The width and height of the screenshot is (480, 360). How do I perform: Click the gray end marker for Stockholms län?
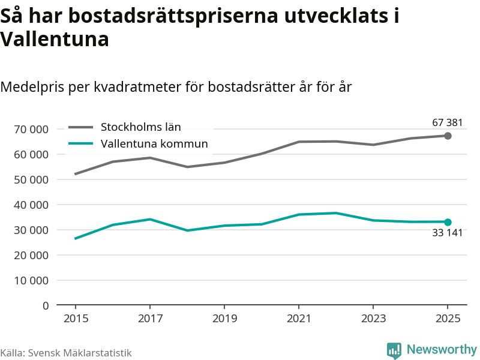448,136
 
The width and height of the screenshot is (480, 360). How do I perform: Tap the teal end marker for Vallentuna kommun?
448,222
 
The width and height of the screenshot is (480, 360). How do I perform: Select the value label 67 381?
448,123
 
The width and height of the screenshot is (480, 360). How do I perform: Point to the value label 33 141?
448,233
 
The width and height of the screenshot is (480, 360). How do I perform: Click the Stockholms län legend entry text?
140,127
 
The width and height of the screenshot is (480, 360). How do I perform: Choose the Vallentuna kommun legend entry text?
154,143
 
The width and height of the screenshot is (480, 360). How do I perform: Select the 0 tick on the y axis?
45,305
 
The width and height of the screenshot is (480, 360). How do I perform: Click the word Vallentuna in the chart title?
55,40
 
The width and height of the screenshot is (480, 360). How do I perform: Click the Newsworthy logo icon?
394,350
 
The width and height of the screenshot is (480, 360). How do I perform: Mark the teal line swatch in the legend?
81,143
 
